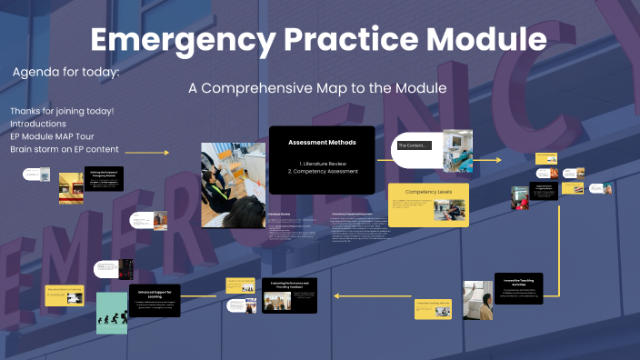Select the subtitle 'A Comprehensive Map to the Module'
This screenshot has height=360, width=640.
pyautogui.click(x=317, y=89)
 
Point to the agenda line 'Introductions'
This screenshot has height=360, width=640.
pyautogui.click(x=38, y=124)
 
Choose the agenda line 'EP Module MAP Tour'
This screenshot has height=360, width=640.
pyautogui.click(x=55, y=136)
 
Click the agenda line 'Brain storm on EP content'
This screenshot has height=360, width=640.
pyautogui.click(x=65, y=150)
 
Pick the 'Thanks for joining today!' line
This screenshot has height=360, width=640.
pyautogui.click(x=62, y=111)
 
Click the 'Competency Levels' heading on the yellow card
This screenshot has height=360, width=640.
pyautogui.click(x=428, y=193)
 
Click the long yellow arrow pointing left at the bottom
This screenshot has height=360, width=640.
pyautogui.click(x=374, y=295)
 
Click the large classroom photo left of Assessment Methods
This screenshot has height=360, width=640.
pyautogui.click(x=233, y=184)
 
